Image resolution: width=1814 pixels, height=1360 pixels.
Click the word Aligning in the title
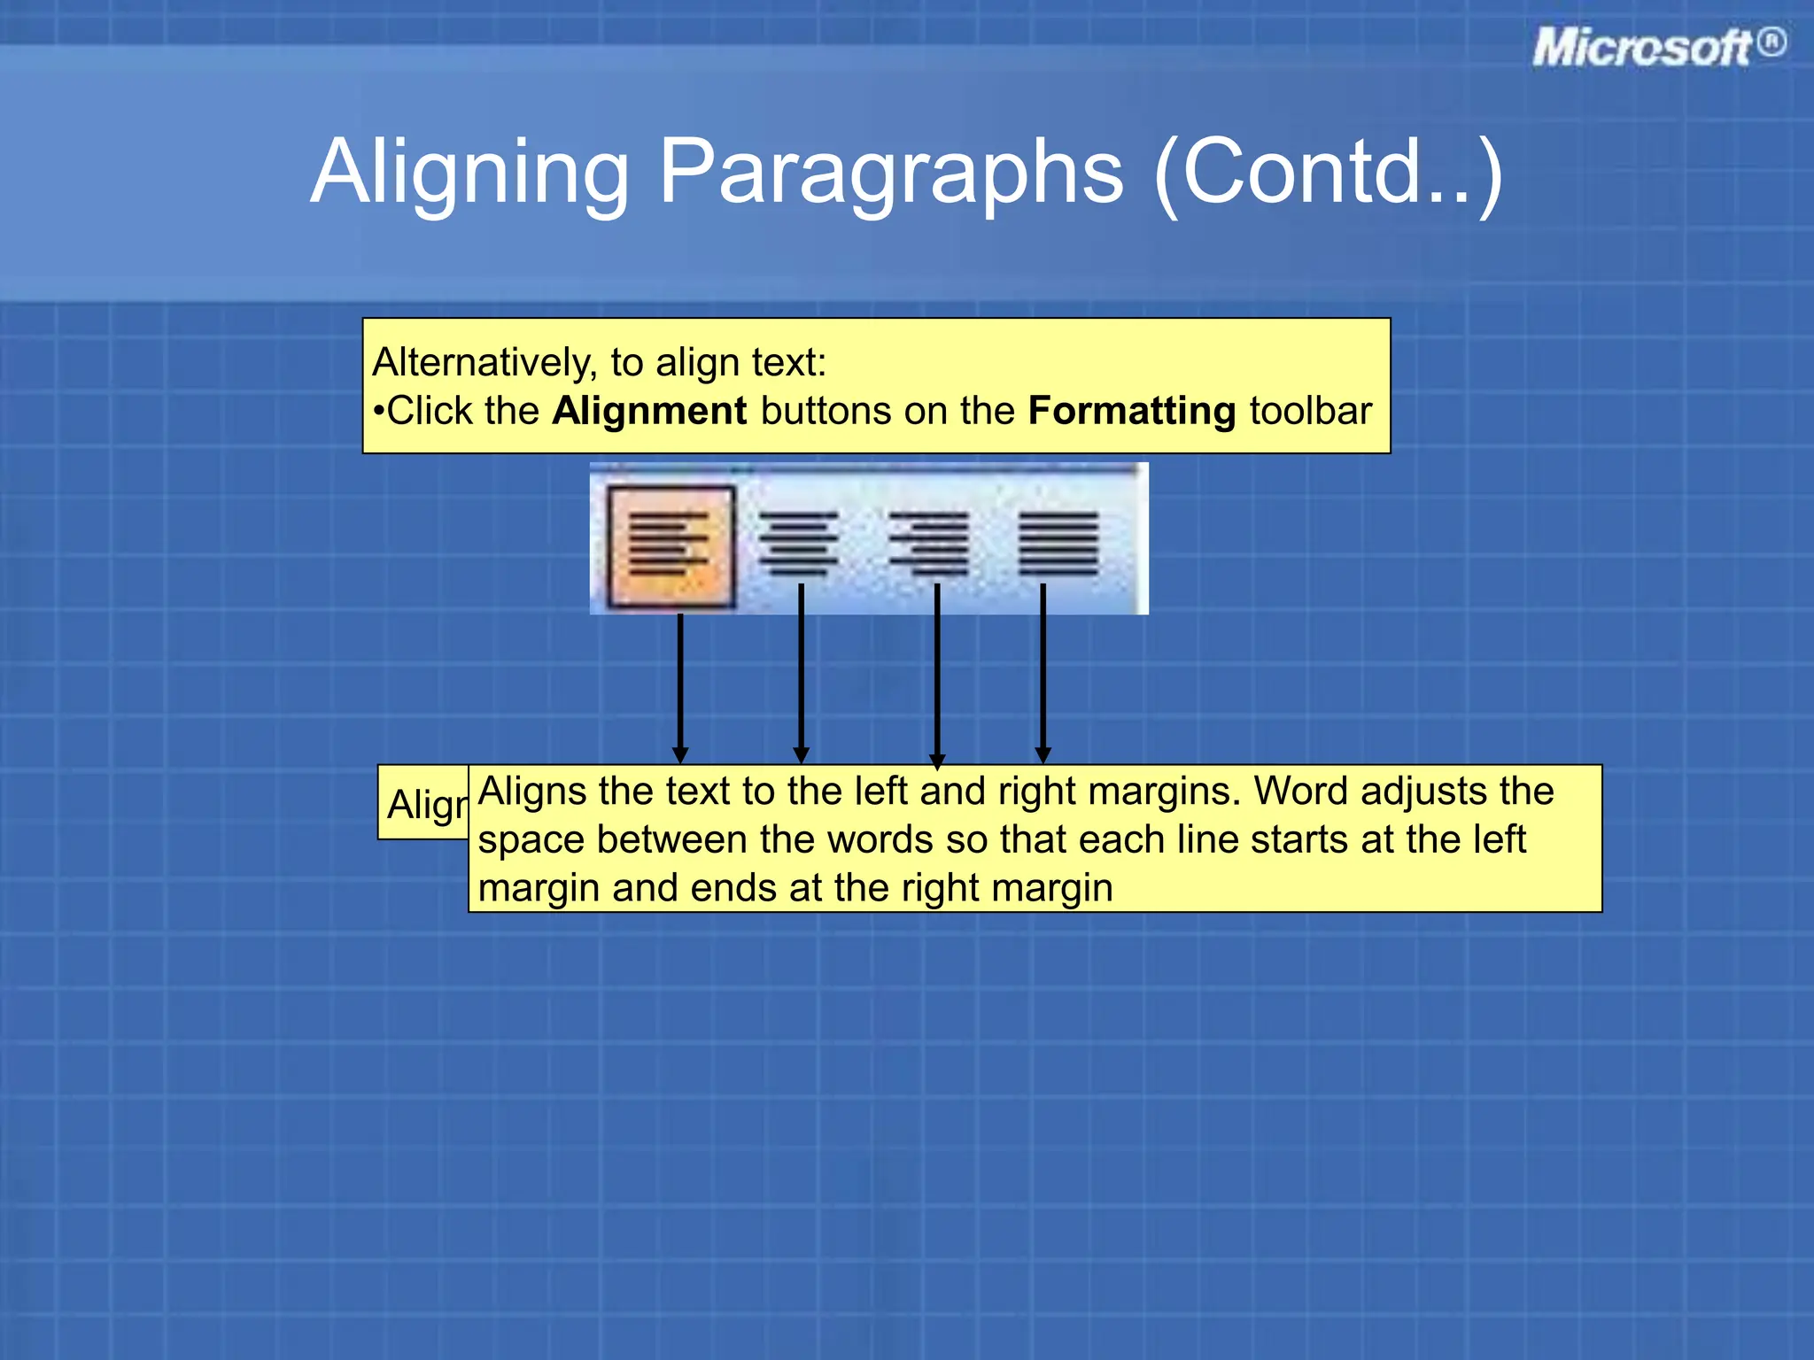click(x=470, y=172)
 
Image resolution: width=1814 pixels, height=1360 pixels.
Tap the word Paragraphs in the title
click(x=891, y=172)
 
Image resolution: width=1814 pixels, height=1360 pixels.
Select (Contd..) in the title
click(x=1328, y=172)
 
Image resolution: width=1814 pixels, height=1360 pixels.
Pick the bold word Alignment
click(x=649, y=412)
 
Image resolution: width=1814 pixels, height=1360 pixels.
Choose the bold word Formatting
click(x=1132, y=412)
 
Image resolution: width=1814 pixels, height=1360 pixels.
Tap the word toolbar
click(x=1310, y=412)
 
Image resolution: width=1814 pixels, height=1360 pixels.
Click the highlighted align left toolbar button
click(x=671, y=546)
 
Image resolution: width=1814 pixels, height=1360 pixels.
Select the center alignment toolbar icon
click(x=798, y=543)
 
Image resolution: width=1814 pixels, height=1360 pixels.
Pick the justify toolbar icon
click(x=1058, y=543)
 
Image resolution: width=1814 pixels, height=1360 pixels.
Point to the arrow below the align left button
click(x=680, y=686)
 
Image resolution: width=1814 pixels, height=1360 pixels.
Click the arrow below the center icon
click(x=801, y=673)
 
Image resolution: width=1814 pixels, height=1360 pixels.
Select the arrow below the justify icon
click(x=1043, y=673)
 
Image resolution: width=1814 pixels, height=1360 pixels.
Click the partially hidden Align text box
click(x=424, y=804)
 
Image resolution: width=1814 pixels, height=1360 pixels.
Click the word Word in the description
click(x=1301, y=791)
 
